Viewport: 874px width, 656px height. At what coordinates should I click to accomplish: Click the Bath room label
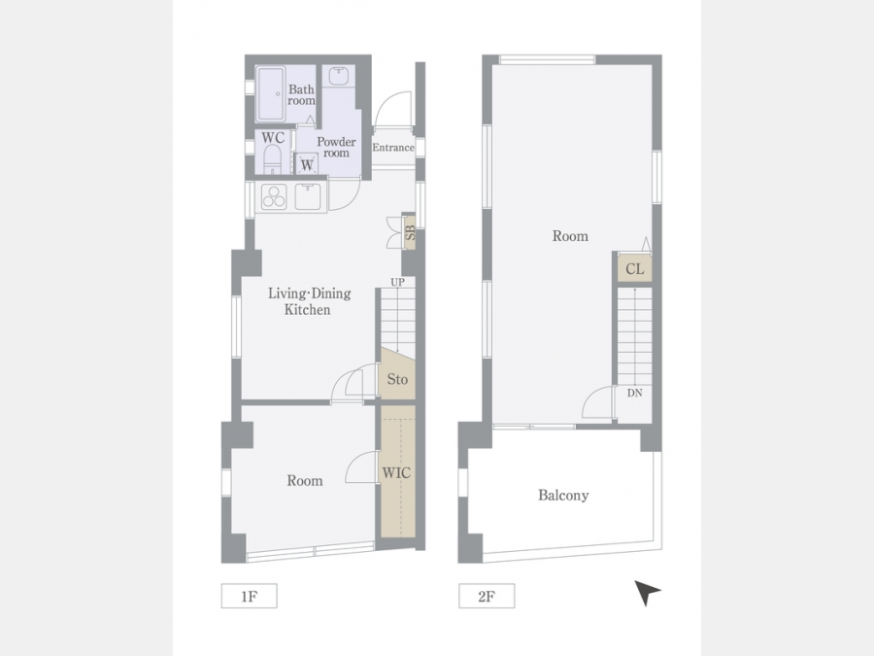(x=301, y=95)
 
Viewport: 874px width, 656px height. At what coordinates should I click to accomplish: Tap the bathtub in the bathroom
(x=270, y=93)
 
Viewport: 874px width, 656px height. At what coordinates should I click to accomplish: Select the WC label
(x=273, y=137)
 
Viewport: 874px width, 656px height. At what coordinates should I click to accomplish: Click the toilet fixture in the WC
(x=272, y=159)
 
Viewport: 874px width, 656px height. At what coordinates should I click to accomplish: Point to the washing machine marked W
(x=307, y=164)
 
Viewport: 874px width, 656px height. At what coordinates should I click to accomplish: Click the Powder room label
(x=336, y=148)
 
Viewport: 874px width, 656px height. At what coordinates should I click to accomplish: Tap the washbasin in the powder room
(x=338, y=76)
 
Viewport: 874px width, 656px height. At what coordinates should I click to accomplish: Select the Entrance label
(x=393, y=148)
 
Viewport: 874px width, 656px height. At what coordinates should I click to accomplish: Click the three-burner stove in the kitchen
(x=274, y=196)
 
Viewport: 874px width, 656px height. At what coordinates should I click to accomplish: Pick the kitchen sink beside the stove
(x=307, y=196)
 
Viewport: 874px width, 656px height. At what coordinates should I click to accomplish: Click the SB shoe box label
(x=410, y=232)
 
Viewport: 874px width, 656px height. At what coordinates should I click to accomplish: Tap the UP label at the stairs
(x=397, y=282)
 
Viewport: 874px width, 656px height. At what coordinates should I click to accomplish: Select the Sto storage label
(x=397, y=379)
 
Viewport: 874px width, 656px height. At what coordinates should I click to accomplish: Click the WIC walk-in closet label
(x=396, y=473)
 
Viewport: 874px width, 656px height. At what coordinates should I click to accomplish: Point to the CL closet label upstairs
(x=635, y=269)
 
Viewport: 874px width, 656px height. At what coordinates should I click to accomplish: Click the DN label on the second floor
(x=634, y=393)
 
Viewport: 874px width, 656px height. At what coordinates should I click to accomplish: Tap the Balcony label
(x=563, y=496)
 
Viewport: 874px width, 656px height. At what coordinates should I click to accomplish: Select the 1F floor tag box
(x=250, y=596)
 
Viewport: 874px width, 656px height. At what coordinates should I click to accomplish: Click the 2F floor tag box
(x=487, y=596)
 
